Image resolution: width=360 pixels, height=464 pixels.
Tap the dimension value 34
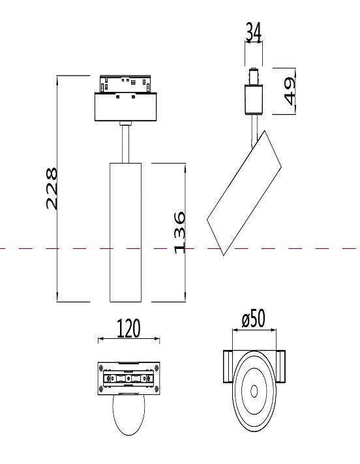253,32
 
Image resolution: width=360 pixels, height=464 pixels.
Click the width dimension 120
128,329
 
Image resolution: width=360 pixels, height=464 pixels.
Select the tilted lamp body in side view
245,192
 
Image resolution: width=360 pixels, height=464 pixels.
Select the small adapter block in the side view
253,98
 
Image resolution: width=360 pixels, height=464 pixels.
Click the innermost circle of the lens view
253,391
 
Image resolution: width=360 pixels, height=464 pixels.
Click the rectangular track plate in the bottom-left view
128,378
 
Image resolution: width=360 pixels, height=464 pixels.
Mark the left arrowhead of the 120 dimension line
99,340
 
